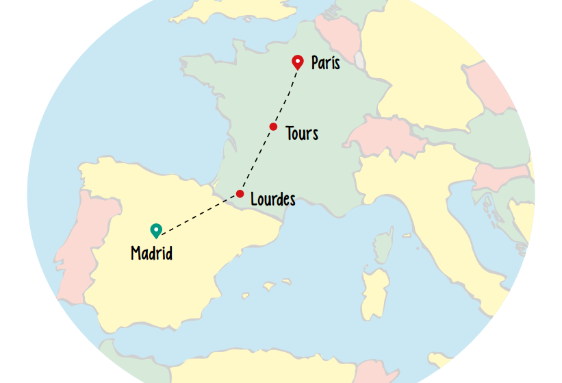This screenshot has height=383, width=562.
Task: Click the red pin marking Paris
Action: tap(298, 62)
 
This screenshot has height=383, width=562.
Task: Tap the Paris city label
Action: tap(325, 63)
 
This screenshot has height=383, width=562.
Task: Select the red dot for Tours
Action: tap(273, 127)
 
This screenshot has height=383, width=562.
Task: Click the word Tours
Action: tap(302, 133)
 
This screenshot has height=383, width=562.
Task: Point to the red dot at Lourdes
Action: tap(240, 194)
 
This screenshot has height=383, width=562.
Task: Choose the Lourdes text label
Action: tap(273, 199)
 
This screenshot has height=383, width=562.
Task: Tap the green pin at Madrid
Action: tap(155, 230)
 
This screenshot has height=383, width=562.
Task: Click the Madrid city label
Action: tap(151, 254)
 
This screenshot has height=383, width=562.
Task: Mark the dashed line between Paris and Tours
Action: tap(285, 95)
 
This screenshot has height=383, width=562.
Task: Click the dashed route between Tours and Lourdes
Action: tap(257, 160)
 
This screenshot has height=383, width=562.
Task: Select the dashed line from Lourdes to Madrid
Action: tap(199, 214)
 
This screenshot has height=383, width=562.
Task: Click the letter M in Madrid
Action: tap(136, 254)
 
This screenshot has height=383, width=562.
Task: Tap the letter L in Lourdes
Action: tap(255, 199)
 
